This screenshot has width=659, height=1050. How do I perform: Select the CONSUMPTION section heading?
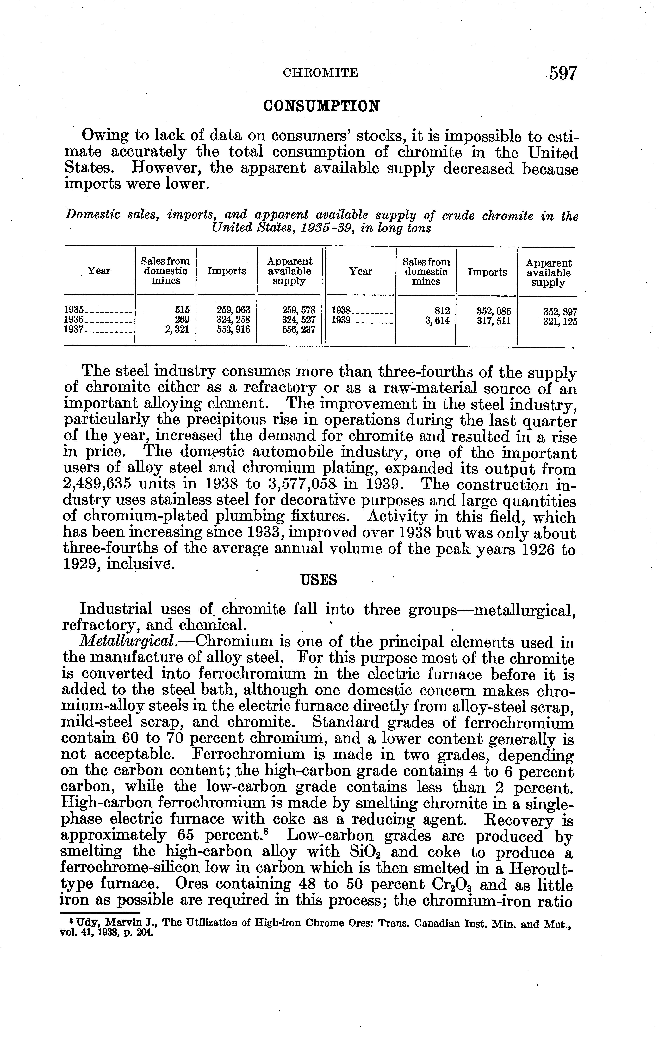click(322, 106)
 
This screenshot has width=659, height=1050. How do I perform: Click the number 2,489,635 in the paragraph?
click(104, 485)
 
